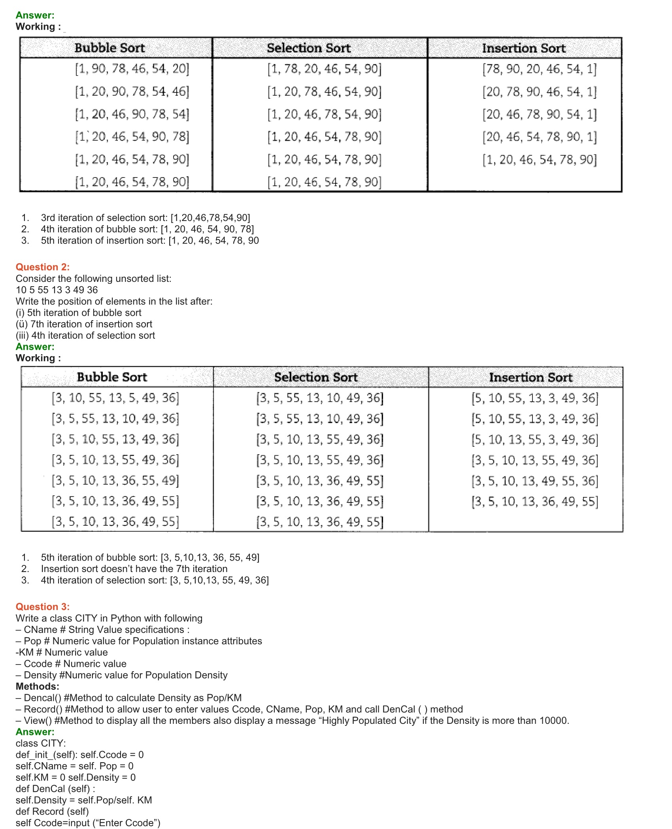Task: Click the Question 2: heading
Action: [43, 267]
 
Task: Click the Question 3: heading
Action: [43, 607]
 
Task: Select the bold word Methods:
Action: [38, 686]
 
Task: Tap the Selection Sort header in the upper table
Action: [309, 48]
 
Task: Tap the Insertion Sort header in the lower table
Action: [530, 378]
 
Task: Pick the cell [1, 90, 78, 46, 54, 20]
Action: [132, 69]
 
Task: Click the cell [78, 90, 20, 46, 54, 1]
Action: [539, 69]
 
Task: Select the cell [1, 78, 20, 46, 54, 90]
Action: [324, 69]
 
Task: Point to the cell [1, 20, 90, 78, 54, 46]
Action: [132, 92]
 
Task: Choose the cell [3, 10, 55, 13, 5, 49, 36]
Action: [115, 398]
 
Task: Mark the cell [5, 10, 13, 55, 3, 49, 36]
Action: [534, 440]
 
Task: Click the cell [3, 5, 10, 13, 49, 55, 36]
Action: [534, 481]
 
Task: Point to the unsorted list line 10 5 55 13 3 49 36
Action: [57, 290]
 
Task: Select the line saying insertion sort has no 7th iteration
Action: [134, 569]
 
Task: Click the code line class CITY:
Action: [41, 743]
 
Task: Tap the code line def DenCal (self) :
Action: [55, 789]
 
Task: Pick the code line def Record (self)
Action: [52, 812]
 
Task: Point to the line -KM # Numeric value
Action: [62, 652]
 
